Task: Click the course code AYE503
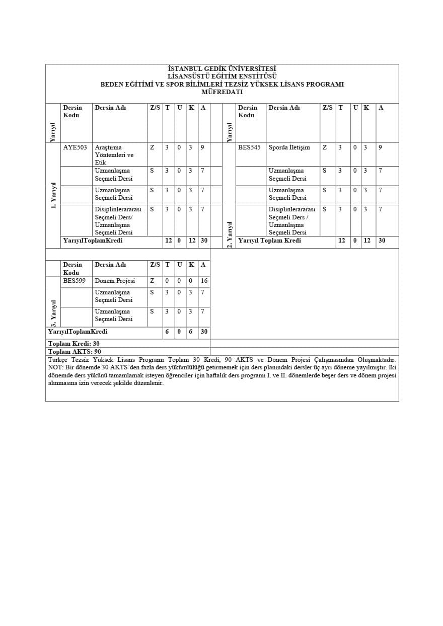(x=75, y=148)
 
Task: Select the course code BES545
(x=249, y=148)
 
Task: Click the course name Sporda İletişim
(x=289, y=148)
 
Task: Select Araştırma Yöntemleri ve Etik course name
(x=114, y=155)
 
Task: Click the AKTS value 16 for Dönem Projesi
(x=204, y=281)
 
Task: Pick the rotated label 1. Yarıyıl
(x=53, y=196)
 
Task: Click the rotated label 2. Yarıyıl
(x=229, y=234)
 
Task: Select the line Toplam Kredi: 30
(x=73, y=343)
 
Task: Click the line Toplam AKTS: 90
(x=75, y=351)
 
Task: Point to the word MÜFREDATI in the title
(x=222, y=92)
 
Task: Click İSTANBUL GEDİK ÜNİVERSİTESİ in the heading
(x=222, y=69)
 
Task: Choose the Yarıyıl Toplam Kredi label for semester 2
(x=269, y=241)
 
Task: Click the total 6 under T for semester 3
(x=167, y=332)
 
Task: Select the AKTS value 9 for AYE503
(x=202, y=148)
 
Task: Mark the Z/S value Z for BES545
(x=325, y=148)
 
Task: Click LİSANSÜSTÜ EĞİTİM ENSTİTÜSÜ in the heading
(x=222, y=76)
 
